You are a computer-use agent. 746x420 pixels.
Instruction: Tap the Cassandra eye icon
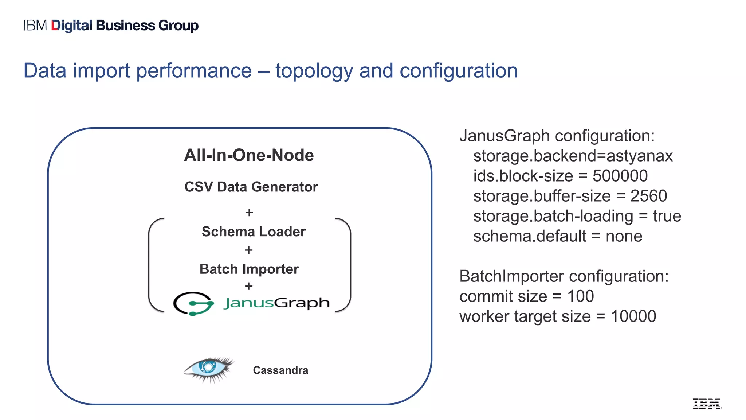pyautogui.click(x=209, y=369)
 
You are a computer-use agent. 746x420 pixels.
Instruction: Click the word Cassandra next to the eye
pyautogui.click(x=280, y=370)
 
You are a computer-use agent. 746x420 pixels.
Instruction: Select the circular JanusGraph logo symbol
pyautogui.click(x=193, y=303)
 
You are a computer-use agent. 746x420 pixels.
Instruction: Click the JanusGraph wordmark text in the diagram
pyautogui.click(x=276, y=303)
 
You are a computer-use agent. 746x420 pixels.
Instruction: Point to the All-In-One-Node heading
pyautogui.click(x=249, y=155)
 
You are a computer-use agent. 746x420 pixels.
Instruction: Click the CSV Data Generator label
pyautogui.click(x=251, y=187)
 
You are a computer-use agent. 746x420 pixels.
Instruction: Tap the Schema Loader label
pyautogui.click(x=254, y=232)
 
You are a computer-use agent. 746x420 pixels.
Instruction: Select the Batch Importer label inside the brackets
pyautogui.click(x=249, y=269)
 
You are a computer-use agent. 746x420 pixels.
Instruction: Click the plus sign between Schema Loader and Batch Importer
pyautogui.click(x=249, y=250)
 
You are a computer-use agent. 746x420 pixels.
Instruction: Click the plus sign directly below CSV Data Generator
pyautogui.click(x=249, y=212)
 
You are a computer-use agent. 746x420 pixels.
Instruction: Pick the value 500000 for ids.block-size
pyautogui.click(x=620, y=176)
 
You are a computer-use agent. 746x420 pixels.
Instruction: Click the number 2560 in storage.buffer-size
pyautogui.click(x=648, y=196)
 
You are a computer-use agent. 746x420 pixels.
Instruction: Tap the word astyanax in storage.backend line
pyautogui.click(x=639, y=156)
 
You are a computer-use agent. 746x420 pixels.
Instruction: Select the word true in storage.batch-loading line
pyautogui.click(x=667, y=216)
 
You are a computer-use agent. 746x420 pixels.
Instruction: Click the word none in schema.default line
pyautogui.click(x=624, y=236)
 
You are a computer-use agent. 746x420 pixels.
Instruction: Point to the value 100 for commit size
pyautogui.click(x=580, y=296)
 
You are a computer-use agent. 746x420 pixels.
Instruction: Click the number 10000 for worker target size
pyautogui.click(x=633, y=316)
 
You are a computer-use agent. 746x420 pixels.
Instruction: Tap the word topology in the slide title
pyautogui.click(x=314, y=71)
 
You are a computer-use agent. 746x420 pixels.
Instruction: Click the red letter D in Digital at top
pyautogui.click(x=55, y=26)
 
